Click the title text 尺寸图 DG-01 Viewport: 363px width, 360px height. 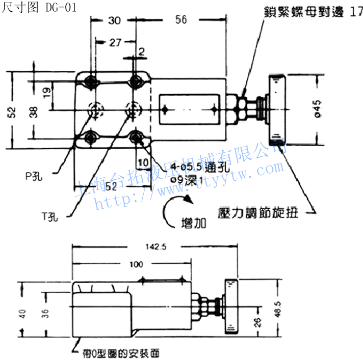(x=35, y=8)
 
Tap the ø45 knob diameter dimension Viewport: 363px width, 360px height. (x=317, y=108)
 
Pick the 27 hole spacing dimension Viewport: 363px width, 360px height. (x=115, y=43)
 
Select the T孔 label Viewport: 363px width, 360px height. (x=49, y=217)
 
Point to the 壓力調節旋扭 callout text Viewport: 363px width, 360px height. (x=257, y=212)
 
